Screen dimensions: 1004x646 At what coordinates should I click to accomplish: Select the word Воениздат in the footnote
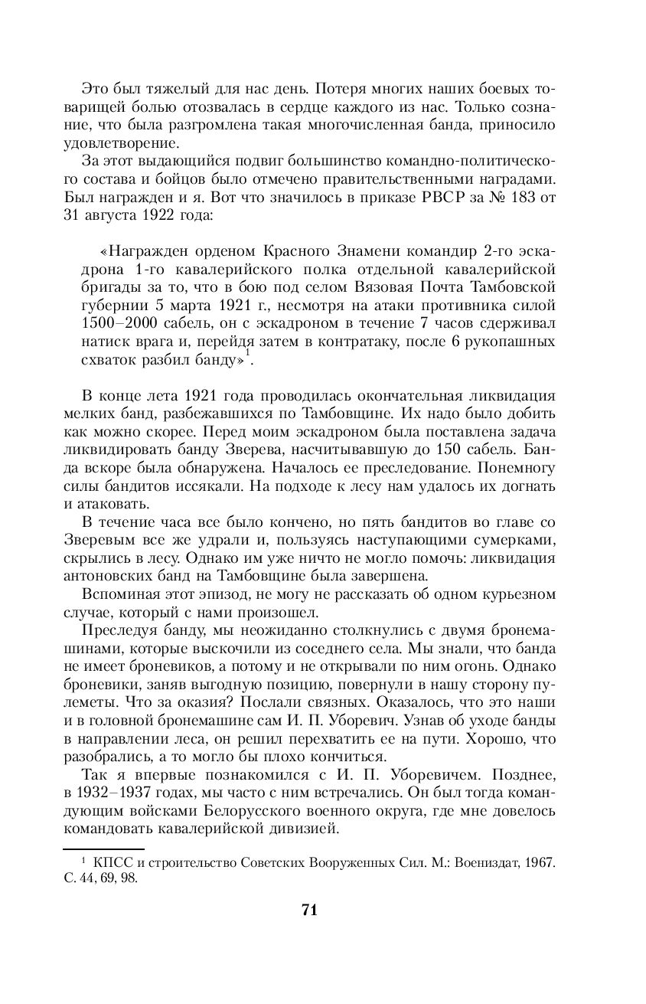pyautogui.click(x=488, y=863)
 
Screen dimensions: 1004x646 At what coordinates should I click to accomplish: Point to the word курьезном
pyautogui.click(x=514, y=594)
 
